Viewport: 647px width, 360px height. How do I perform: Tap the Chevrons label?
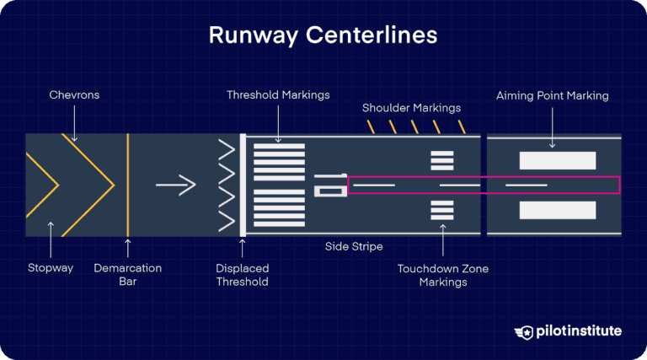pos(73,95)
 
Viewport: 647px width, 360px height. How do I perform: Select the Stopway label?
pos(51,268)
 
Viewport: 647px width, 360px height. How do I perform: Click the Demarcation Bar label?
pos(127,275)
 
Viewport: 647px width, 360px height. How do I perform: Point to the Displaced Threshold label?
pos(242,275)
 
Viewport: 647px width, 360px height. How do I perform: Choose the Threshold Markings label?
pos(279,95)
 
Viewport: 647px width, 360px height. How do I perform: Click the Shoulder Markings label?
pos(412,108)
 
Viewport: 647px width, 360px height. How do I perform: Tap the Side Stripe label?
pos(354,247)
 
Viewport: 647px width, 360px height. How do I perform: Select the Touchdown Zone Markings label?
pos(442,275)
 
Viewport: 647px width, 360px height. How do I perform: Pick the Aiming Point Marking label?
pos(552,95)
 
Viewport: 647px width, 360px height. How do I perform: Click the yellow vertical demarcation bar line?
pos(127,185)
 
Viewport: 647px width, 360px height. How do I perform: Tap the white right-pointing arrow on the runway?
pos(175,184)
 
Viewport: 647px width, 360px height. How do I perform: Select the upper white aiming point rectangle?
pos(558,159)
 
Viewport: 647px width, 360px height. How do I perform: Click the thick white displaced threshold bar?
pos(242,185)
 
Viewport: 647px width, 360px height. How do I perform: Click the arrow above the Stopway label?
pos(51,238)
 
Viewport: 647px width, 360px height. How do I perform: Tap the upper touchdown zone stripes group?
pos(442,159)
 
